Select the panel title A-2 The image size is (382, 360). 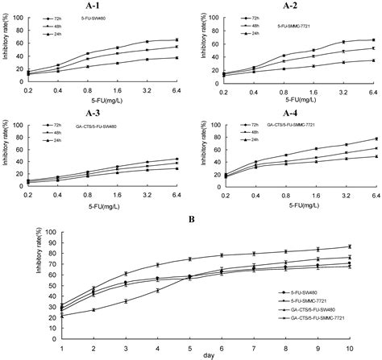pyautogui.click(x=291, y=6)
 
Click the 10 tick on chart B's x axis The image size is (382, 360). pyautogui.click(x=348, y=342)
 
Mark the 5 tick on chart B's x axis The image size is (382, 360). pyautogui.click(x=189, y=342)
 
